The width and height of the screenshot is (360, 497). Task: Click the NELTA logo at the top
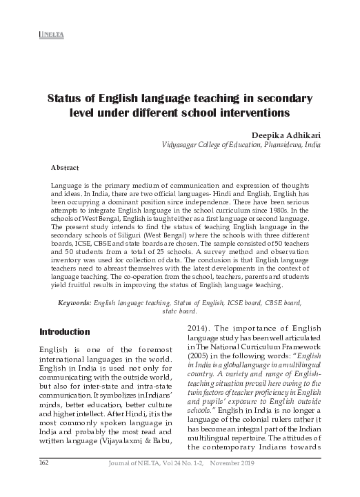click(x=46, y=34)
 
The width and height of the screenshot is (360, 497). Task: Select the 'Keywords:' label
click(x=74, y=303)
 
